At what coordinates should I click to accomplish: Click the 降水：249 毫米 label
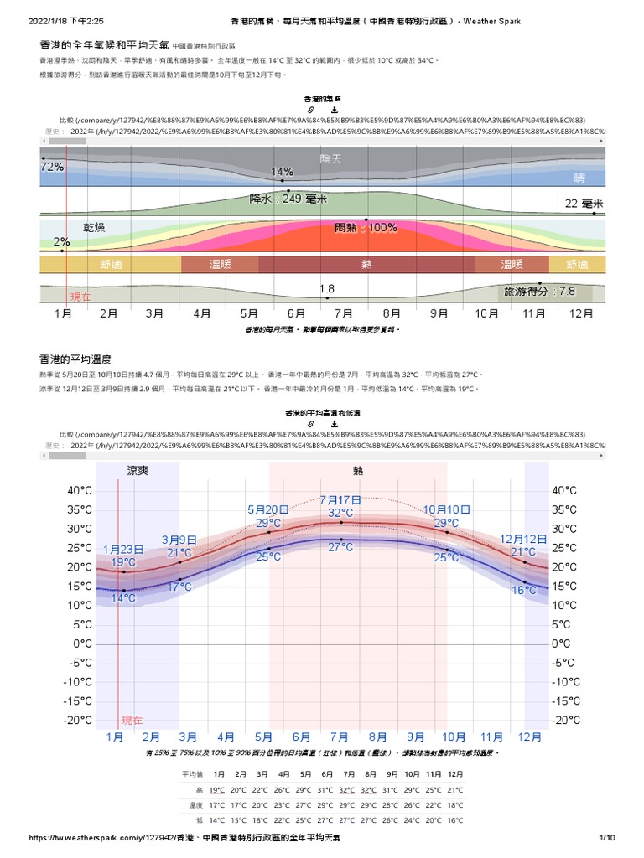[288, 199]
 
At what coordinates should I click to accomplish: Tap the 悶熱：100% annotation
[366, 227]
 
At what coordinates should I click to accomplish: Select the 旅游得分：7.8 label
[539, 292]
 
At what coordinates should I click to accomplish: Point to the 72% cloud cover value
[52, 167]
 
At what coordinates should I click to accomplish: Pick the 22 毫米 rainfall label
[584, 204]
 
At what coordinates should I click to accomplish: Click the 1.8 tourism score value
[327, 289]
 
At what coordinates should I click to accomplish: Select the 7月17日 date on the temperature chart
[340, 500]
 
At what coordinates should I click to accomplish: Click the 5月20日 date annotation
[268, 509]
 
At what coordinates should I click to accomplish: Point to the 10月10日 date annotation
[446, 509]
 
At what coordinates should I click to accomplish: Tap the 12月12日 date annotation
[523, 539]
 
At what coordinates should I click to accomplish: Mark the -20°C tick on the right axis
[567, 721]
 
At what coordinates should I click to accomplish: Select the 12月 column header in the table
[455, 773]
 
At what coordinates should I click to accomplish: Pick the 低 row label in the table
[199, 820]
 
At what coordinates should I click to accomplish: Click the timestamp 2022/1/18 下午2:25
[64, 20]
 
